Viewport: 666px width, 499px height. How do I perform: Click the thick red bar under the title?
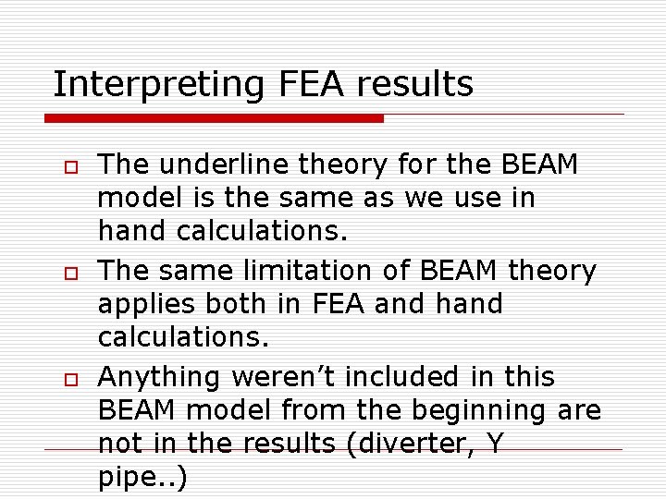point(214,118)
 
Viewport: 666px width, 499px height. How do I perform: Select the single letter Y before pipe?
point(495,444)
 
